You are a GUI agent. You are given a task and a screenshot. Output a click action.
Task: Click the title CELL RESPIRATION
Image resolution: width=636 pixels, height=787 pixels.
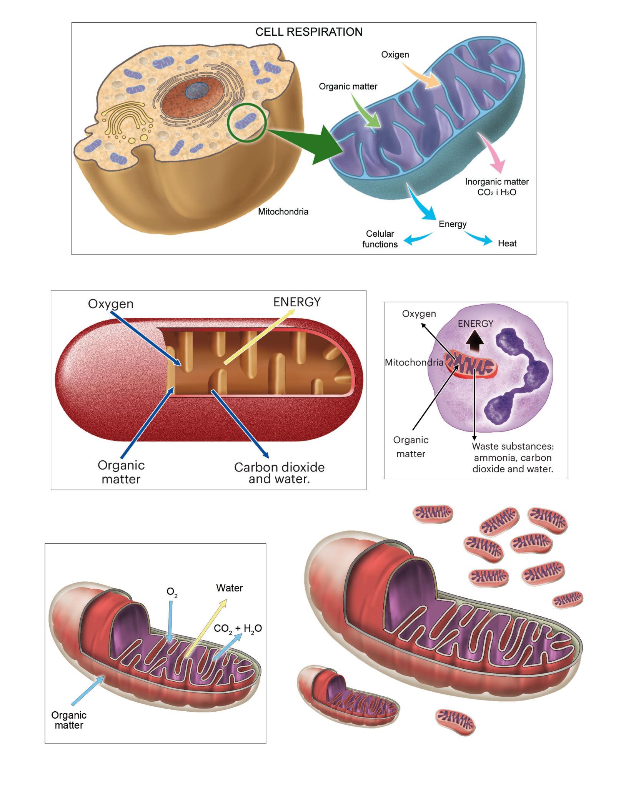pos(309,32)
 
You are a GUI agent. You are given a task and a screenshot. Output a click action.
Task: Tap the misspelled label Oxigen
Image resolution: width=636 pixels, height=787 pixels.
pos(395,55)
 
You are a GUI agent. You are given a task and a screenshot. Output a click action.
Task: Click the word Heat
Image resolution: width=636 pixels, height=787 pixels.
pos(507,243)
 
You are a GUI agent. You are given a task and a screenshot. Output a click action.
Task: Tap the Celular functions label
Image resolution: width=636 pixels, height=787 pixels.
pos(380,239)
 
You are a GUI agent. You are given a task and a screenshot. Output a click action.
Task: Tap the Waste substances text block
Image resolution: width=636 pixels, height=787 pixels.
pos(513,457)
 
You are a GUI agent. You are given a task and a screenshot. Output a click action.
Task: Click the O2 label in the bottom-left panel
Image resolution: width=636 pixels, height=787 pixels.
pos(172,592)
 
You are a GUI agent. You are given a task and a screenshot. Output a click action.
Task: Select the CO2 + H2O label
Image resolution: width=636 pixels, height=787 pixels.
pos(238,628)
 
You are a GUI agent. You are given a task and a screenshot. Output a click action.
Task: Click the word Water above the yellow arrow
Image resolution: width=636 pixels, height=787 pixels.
pos(229,588)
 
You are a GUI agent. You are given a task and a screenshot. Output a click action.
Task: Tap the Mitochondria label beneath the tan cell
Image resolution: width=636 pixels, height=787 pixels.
pos(283,211)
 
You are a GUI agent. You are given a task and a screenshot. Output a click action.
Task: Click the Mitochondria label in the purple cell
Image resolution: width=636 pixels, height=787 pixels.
pos(414,362)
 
